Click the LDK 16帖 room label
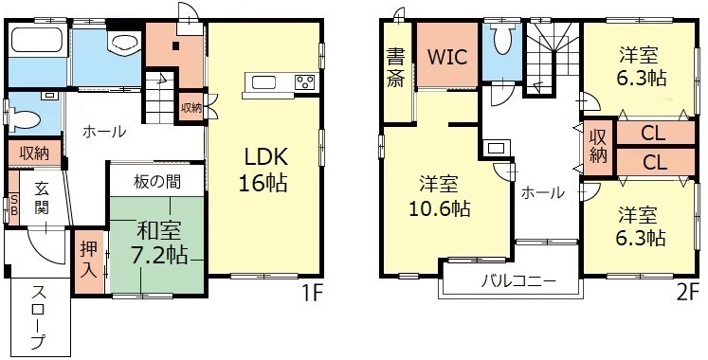click(263, 171)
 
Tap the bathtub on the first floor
click(38, 40)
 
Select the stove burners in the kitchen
click(306, 82)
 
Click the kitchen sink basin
click(262, 83)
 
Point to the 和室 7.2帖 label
click(159, 243)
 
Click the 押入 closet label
click(88, 261)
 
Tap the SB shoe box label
click(13, 206)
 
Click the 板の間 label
click(157, 182)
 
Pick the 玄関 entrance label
click(42, 198)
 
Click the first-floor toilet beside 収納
click(24, 119)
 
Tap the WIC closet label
click(446, 57)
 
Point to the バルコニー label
click(517, 281)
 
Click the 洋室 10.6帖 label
click(440, 196)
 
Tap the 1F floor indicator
click(312, 294)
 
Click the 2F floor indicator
click(688, 294)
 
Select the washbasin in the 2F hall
click(496, 148)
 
